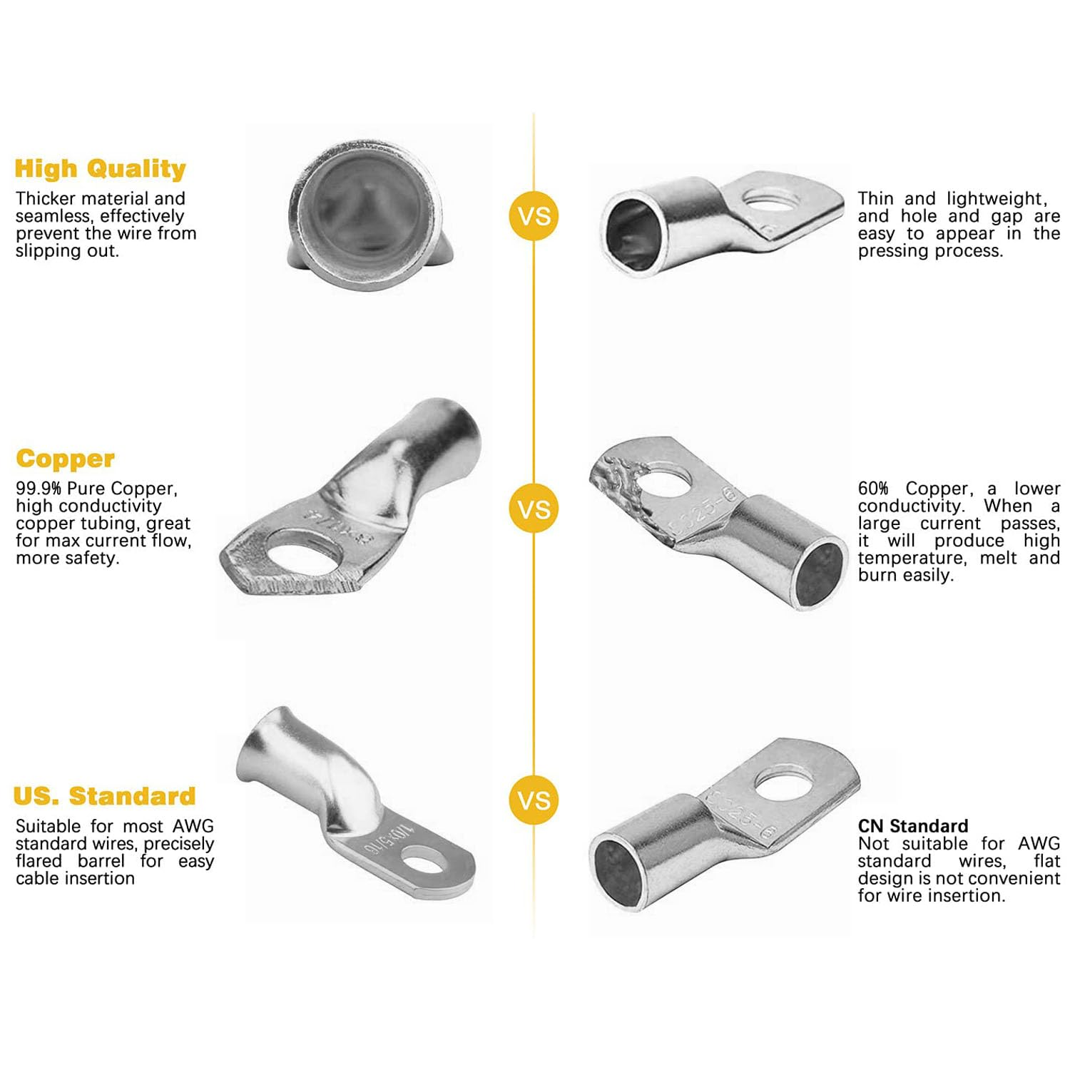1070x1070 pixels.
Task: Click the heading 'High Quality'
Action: pos(100,168)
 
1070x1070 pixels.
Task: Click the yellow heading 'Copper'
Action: pos(65,459)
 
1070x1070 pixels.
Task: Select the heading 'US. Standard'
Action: pos(104,795)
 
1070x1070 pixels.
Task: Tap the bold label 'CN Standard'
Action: pos(913,826)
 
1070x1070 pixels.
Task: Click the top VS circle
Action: pos(534,216)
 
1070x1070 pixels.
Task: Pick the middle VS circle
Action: pos(534,509)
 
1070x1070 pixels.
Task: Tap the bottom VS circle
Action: pos(534,800)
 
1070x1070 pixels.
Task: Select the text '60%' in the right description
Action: pos(873,489)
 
